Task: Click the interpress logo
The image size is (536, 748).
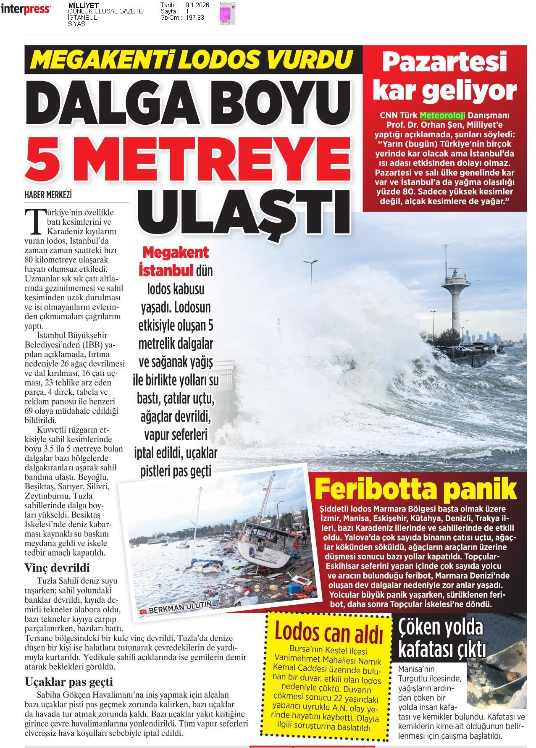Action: pyautogui.click(x=26, y=10)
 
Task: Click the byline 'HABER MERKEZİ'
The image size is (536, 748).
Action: pyautogui.click(x=48, y=195)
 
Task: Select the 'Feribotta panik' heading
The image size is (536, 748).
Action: pyautogui.click(x=415, y=488)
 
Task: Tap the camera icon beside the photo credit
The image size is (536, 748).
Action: pyautogui.click(x=144, y=612)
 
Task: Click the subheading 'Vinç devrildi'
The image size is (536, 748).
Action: pyautogui.click(x=57, y=568)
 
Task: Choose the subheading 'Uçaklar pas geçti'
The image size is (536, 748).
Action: pyautogui.click(x=68, y=681)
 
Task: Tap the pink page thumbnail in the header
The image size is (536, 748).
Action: pyautogui.click(x=227, y=13)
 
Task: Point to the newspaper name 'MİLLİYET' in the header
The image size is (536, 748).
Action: pyautogui.click(x=84, y=5)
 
